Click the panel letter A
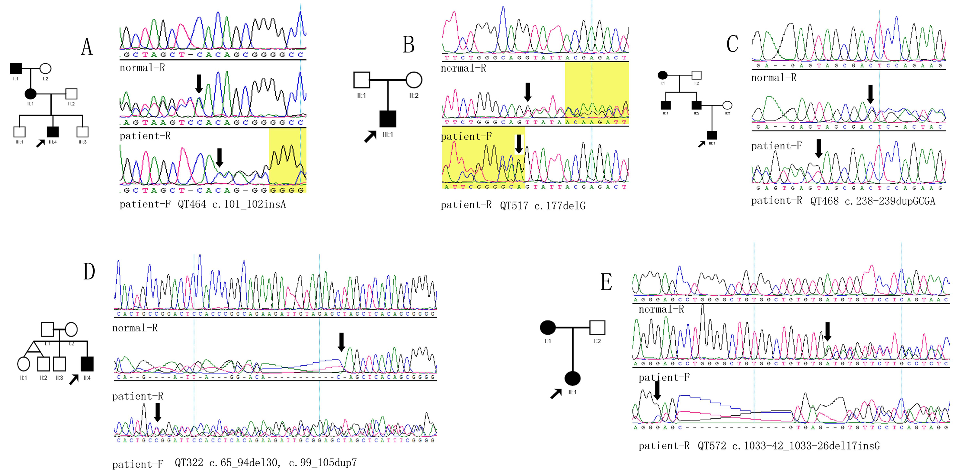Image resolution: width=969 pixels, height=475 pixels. point(87,47)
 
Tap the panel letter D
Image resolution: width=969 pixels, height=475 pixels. point(89,271)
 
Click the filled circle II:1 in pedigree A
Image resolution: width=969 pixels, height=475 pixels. point(30,94)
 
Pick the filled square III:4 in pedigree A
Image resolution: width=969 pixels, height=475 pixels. point(53,132)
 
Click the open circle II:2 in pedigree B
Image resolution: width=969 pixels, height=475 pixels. point(414,80)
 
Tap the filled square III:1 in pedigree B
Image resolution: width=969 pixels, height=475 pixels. point(388,119)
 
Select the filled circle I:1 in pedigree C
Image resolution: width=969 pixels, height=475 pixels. point(662,75)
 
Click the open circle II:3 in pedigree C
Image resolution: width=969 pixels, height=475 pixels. point(727,105)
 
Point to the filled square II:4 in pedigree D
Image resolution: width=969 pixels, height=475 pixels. point(87,364)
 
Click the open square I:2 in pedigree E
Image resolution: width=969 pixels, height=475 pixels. point(597,328)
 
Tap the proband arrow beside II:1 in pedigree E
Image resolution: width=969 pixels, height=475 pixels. point(556,394)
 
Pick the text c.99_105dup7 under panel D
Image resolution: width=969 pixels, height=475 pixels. point(323,463)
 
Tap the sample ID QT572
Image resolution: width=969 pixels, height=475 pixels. point(712,446)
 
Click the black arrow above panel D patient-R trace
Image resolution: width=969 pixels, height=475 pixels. point(341,341)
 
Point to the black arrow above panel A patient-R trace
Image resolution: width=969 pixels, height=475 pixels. point(199,84)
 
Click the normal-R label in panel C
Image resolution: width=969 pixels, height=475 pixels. point(774,78)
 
